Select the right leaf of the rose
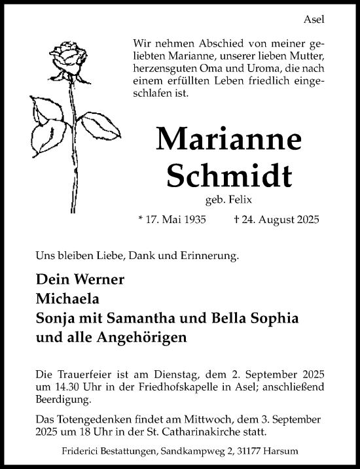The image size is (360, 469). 101,125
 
